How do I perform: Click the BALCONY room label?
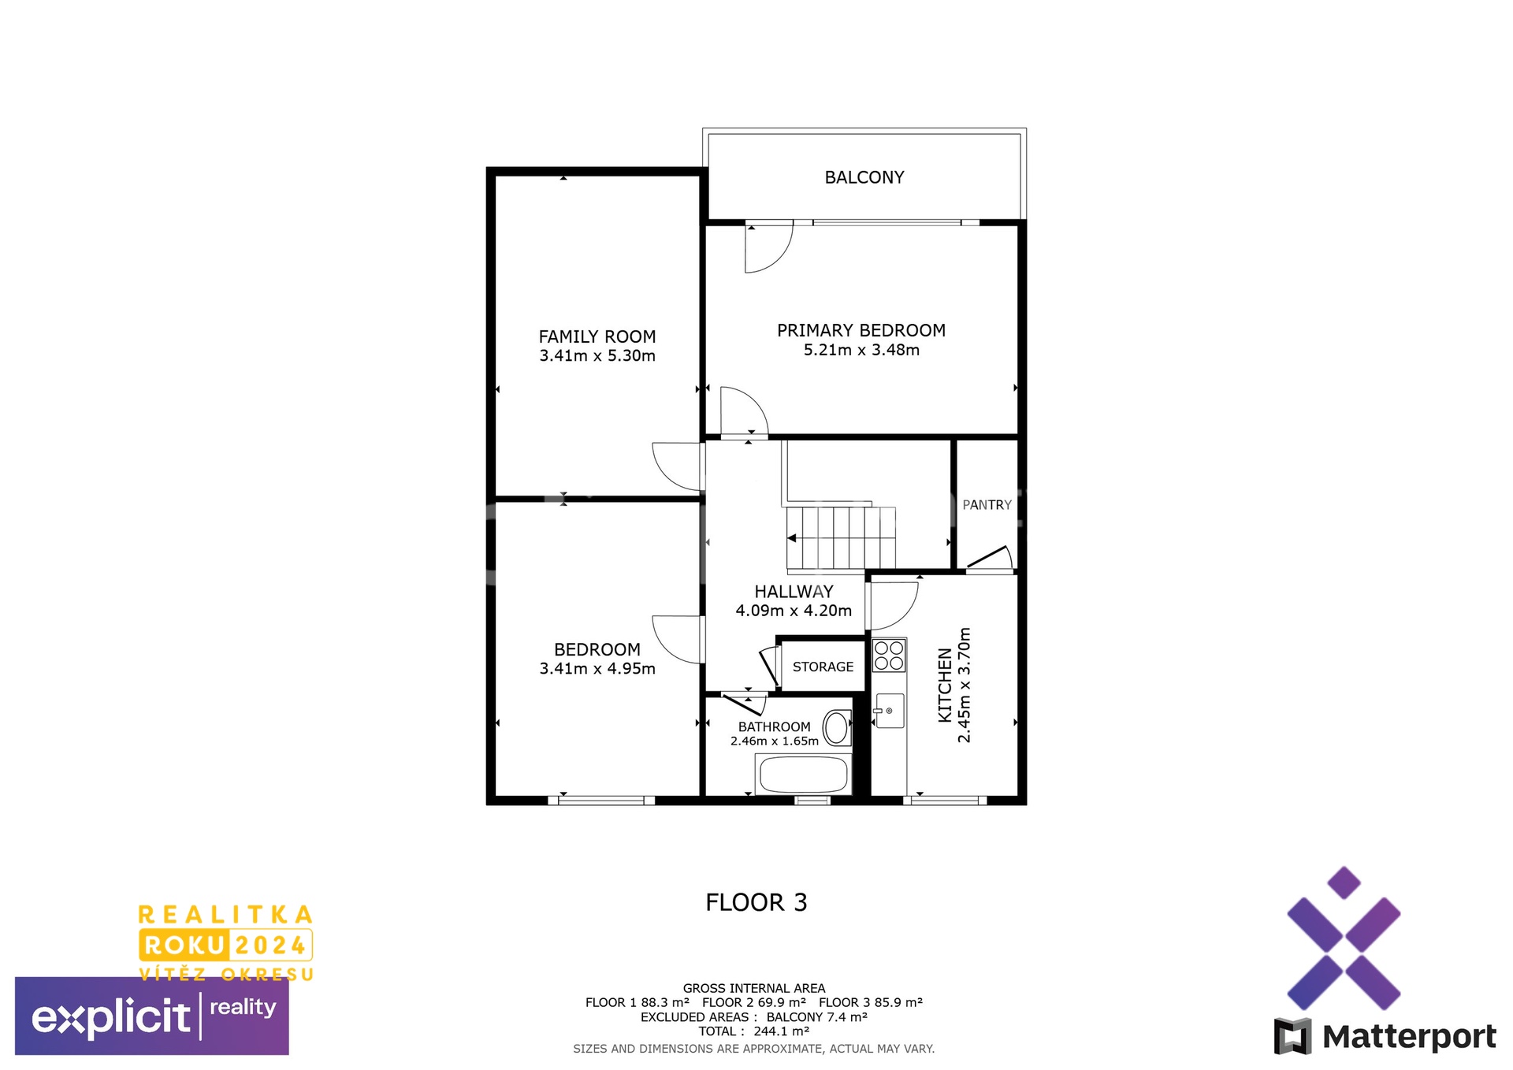point(864,177)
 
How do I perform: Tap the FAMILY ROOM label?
point(597,336)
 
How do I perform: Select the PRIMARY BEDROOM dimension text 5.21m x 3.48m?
point(861,350)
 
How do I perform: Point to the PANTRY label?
point(987,505)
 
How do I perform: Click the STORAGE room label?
point(823,667)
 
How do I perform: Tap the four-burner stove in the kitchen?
point(889,656)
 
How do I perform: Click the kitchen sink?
point(890,711)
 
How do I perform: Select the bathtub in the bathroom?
point(803,775)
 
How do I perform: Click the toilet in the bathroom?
point(837,728)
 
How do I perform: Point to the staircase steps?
point(841,538)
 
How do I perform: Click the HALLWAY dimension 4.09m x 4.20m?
point(794,611)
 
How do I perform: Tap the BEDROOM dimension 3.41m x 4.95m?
point(597,669)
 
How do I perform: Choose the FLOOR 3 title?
point(756,902)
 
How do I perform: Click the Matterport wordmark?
point(1409,1037)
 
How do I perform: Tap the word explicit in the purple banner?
point(110,1016)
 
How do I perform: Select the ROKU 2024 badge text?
point(225,945)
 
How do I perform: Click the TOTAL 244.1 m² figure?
point(754,1031)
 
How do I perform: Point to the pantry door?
point(990,557)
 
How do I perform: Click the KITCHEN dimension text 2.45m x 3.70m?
point(964,685)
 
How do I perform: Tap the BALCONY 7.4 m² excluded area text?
point(817,1017)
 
